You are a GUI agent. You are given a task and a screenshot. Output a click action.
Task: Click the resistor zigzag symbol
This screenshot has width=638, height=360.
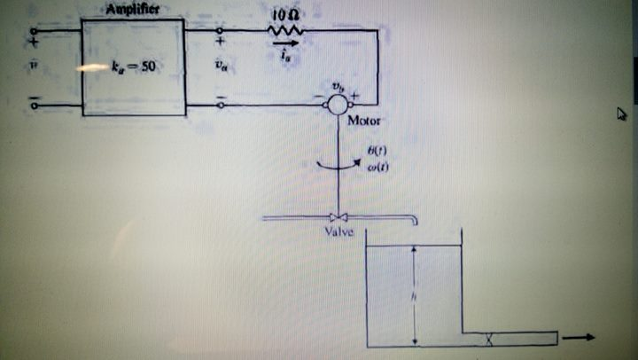coord(285,31)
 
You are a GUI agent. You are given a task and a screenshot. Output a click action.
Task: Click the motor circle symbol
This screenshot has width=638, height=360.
coord(337,104)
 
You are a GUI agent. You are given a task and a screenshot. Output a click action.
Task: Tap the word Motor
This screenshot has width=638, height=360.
coord(365,120)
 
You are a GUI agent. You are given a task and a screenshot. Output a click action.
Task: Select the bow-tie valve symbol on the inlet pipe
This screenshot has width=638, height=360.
coord(337,218)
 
